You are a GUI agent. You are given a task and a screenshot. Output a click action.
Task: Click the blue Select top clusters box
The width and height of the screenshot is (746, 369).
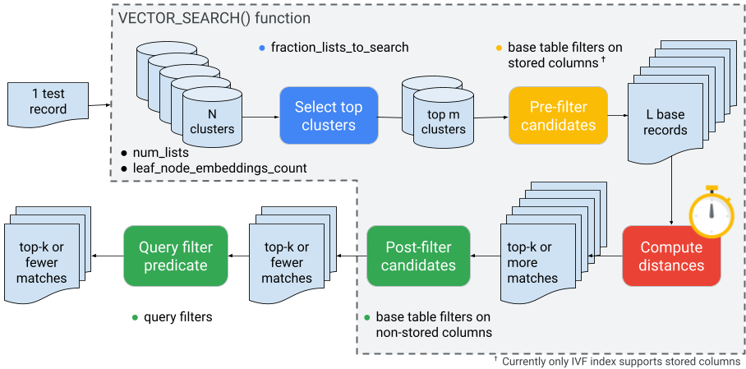click(x=328, y=115)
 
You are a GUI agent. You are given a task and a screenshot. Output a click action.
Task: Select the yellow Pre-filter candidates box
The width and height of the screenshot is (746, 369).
click(x=558, y=115)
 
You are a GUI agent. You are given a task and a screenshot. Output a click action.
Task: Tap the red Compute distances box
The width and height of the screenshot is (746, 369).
click(x=671, y=256)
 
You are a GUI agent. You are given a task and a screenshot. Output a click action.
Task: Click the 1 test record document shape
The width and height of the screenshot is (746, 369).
click(x=48, y=101)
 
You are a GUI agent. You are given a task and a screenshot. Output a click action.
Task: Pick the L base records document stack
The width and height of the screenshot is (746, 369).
click(x=665, y=120)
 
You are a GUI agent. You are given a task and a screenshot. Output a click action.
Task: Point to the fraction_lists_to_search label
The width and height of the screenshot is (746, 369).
click(x=339, y=47)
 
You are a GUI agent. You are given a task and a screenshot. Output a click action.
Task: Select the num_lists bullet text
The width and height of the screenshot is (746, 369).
click(x=160, y=152)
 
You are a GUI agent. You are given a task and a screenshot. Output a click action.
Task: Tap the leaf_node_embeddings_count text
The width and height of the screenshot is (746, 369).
click(x=219, y=168)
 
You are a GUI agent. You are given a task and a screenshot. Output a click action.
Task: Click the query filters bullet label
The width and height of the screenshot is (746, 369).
click(x=178, y=317)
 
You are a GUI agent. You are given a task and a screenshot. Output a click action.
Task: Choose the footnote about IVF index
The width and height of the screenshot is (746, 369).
click(x=620, y=361)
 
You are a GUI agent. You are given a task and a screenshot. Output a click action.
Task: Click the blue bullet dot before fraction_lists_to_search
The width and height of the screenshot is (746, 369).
click(x=261, y=47)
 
